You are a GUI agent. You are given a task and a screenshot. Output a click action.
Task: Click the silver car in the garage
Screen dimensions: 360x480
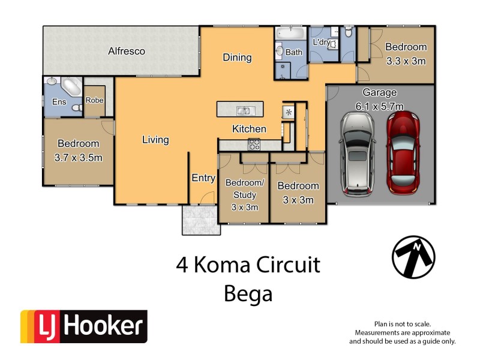point(358,154)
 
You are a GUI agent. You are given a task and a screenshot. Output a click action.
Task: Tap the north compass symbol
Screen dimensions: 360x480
point(413,255)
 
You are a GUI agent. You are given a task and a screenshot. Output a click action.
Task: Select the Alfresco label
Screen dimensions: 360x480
point(127,52)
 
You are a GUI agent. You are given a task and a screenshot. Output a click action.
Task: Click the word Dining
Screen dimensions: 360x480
point(237,58)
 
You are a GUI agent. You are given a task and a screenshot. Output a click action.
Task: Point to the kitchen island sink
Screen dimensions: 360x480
point(243,110)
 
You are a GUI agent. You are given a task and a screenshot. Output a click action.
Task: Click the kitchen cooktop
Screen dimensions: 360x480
point(254,144)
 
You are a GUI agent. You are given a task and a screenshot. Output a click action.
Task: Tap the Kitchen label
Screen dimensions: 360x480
point(249,129)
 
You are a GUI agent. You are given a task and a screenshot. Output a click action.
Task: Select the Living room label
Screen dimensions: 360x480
point(155,140)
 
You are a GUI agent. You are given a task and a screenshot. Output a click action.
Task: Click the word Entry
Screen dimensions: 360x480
point(203,178)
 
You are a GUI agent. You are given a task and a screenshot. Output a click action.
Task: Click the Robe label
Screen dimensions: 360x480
point(95,101)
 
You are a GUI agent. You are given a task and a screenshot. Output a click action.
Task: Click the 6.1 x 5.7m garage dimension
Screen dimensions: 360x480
point(380,107)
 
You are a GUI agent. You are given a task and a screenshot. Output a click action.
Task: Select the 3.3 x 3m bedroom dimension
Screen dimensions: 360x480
point(406,61)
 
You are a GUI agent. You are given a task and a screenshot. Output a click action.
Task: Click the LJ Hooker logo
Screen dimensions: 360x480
point(83,326)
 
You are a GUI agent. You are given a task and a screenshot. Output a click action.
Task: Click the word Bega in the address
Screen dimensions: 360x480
point(248,294)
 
